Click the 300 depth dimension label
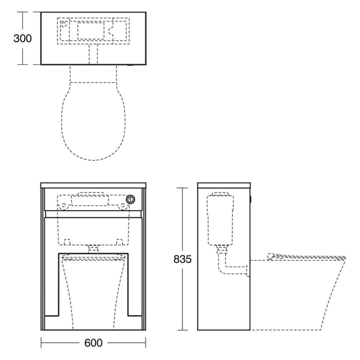(22, 39)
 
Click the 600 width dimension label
(93, 343)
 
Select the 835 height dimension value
(183, 259)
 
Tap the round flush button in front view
(131, 199)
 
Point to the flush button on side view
(251, 199)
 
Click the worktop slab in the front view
(93, 185)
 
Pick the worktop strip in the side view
(224, 185)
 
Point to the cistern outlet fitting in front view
(94, 248)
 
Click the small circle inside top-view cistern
(64, 25)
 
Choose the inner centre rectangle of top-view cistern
(91, 31)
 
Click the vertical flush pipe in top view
(93, 55)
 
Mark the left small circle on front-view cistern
(64, 206)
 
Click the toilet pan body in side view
(299, 295)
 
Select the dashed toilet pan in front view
(93, 292)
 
